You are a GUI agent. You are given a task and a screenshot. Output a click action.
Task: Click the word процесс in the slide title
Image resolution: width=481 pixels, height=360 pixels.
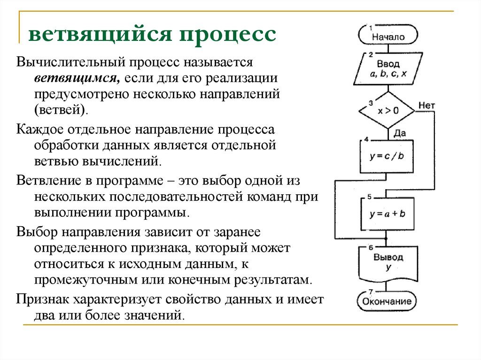[226, 35]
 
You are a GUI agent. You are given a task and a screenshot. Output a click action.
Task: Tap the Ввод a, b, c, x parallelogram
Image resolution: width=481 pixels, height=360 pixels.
[388, 69]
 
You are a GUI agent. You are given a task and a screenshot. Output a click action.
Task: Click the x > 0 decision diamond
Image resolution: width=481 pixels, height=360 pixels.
[387, 111]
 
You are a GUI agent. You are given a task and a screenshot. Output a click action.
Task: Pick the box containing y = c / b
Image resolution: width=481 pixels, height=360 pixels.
[387, 157]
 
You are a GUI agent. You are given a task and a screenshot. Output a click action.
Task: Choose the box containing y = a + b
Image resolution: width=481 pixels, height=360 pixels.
[387, 214]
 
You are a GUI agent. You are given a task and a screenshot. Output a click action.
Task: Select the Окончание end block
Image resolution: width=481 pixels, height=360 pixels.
[387, 301]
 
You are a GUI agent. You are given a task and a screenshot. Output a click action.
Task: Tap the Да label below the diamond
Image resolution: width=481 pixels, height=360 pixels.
[399, 133]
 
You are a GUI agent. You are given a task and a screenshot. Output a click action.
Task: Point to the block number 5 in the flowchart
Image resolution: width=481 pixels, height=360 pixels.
[370, 196]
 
